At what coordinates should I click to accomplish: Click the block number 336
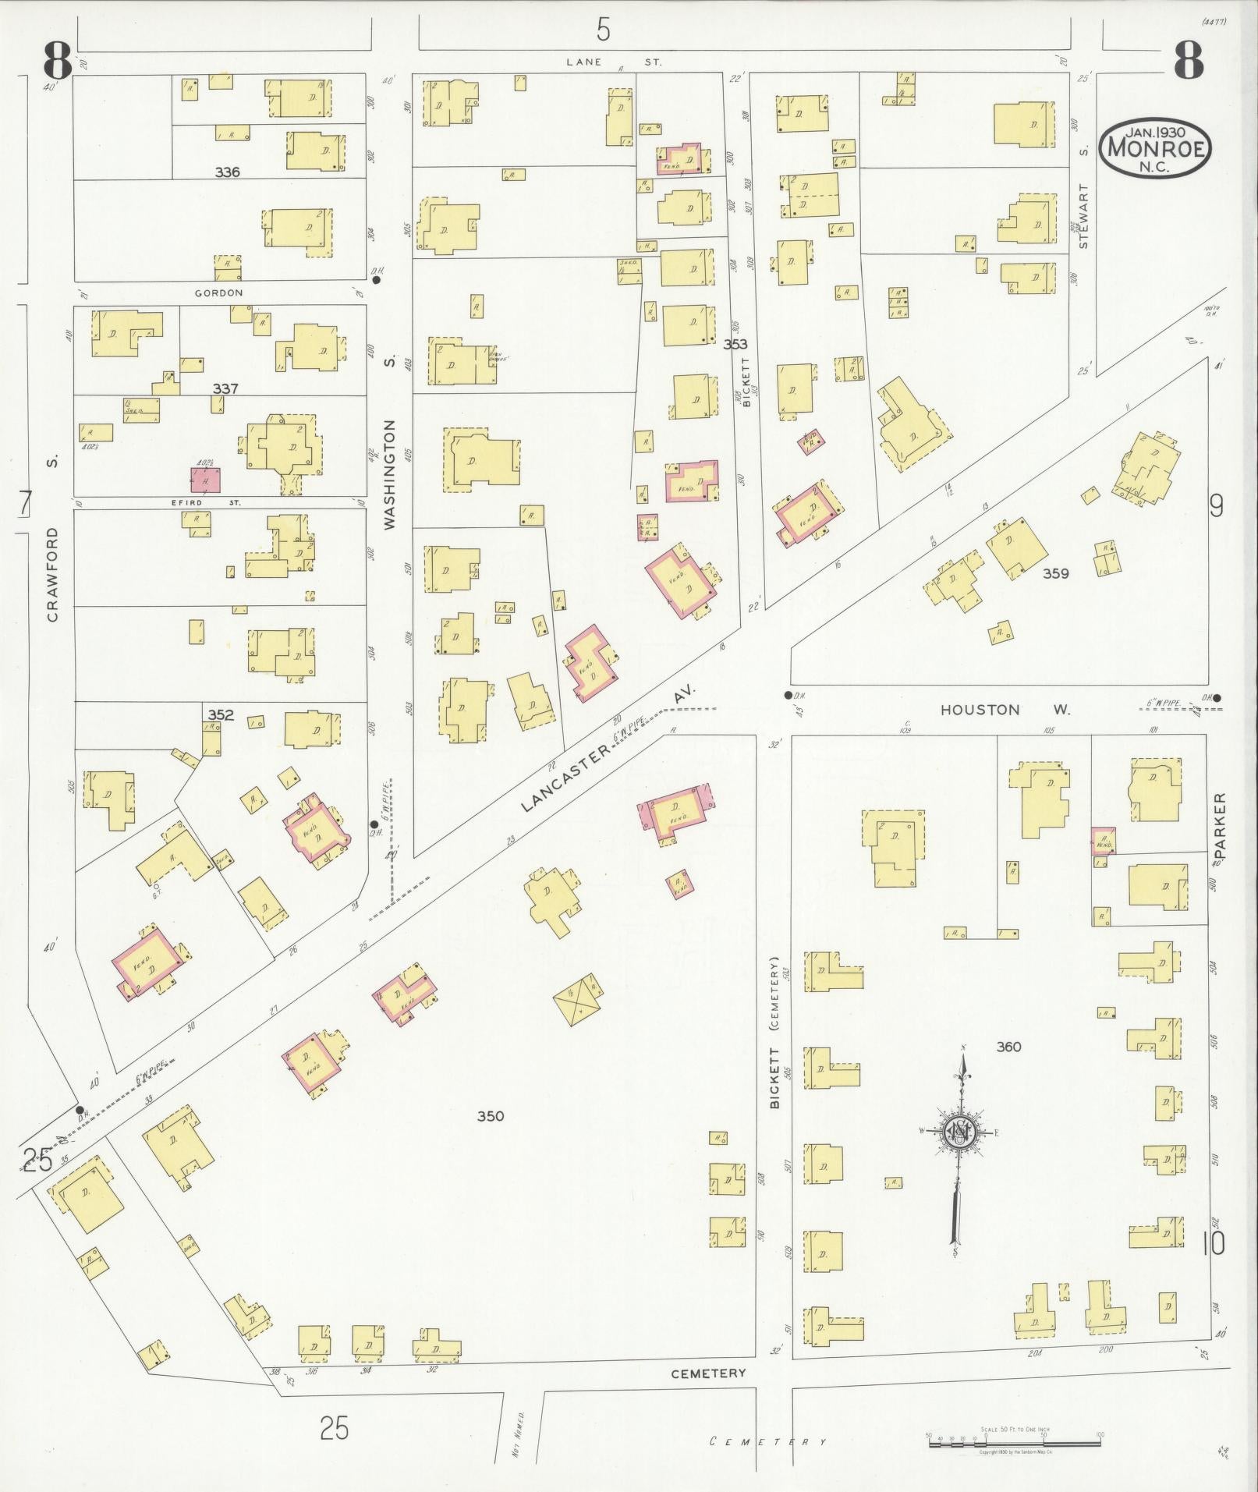[x=227, y=172]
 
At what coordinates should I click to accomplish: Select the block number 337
[x=225, y=388]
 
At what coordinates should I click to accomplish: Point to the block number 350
[x=491, y=1115]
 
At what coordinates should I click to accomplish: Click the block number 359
[x=1056, y=573]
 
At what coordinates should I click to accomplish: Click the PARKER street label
[x=1221, y=825]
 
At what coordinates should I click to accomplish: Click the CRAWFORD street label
[x=53, y=574]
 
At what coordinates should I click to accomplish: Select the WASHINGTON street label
[x=390, y=474]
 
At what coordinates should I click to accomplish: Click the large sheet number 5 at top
[x=603, y=30]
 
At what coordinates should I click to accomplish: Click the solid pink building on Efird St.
[x=206, y=480]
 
